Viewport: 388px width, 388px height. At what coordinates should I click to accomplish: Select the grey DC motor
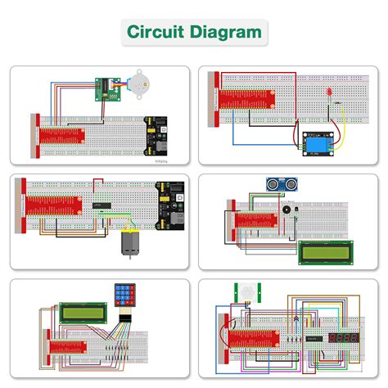tap(131, 245)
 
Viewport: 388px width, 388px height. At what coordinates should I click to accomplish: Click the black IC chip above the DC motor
tap(102, 204)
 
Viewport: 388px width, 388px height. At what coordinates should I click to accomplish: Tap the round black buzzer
tap(286, 210)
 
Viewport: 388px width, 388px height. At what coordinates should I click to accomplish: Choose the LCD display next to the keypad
tap(82, 313)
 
